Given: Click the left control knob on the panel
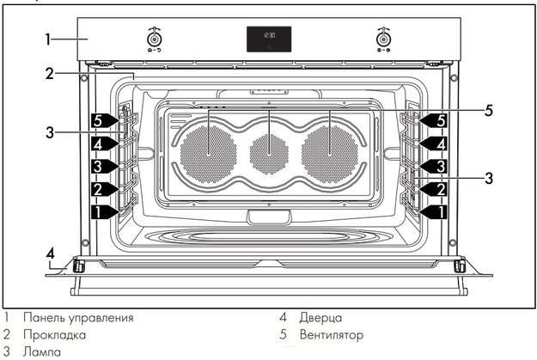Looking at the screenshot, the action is pos(154,39).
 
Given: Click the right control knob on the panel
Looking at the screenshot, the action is pos(383,39).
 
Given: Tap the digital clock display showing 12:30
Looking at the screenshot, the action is pos(269,39).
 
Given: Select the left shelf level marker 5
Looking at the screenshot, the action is pos(104,120).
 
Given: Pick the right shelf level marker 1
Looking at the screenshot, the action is pos(434,211).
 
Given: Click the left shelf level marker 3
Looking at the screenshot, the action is pos(104,166).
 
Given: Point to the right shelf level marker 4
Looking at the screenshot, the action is pos(434,143).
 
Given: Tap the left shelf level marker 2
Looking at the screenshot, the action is pos(104,189).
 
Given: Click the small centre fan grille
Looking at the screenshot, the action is pos(269,154).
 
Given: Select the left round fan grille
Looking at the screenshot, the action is pos(208,154).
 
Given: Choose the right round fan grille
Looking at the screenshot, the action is pos(330,154).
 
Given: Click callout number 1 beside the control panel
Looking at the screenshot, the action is pos(48,39).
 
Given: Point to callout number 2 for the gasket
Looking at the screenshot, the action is pos(50,74).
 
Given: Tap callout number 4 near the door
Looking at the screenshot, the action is pos(51,253).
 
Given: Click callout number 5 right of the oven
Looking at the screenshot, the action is pos(489,110).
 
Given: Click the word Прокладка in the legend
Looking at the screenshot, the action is pos(54,334).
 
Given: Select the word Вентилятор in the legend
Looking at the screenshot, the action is pos(331,334).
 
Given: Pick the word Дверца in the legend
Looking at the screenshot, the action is pos(320,318).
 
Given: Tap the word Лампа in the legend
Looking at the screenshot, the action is pos(42,351).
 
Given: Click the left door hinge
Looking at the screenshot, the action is pos(78,265).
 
